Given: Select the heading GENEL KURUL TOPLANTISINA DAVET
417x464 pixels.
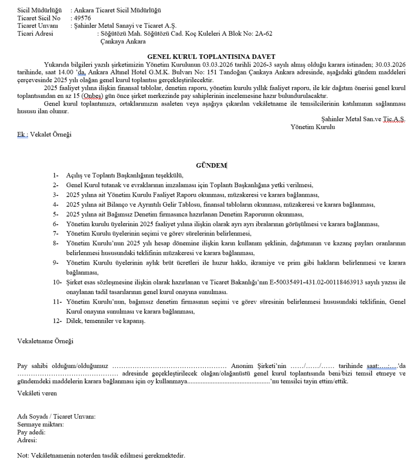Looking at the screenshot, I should pyautogui.click(x=211, y=57).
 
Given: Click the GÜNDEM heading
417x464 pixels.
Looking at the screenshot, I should pyautogui.click(x=211, y=166).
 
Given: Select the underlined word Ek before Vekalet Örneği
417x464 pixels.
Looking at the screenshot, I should pyautogui.click(x=22, y=135).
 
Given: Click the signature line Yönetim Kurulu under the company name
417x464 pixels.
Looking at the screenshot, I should pyautogui.click(x=313, y=127).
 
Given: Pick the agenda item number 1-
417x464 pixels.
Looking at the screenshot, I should pyautogui.click(x=56, y=176).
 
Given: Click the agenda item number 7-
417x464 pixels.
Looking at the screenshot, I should pyautogui.click(x=56, y=233).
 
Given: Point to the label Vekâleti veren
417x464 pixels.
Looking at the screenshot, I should pyautogui.click(x=37, y=393).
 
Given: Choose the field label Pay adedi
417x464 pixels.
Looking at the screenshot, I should pyautogui.click(x=31, y=432).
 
